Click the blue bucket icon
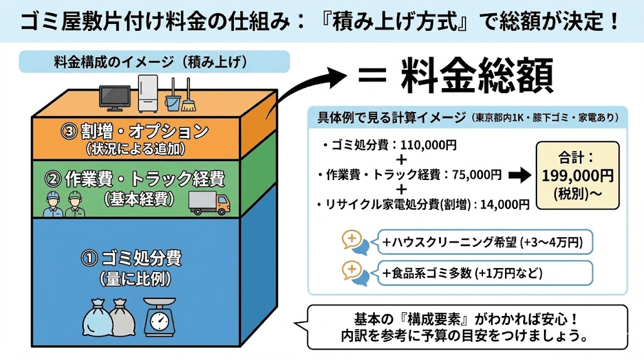tap(172, 100)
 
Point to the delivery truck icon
tap(209, 203)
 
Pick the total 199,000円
tap(578, 175)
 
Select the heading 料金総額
tap(476, 76)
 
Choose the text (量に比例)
tap(131, 278)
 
